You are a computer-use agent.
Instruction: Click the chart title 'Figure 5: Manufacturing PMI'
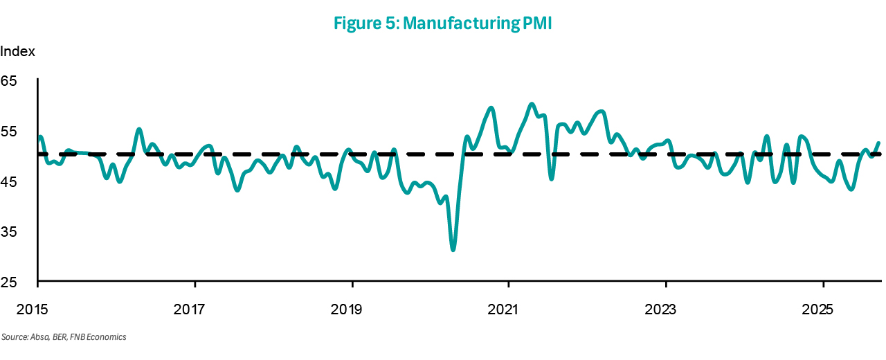click(443, 22)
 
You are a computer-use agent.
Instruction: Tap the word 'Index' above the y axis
click(17, 52)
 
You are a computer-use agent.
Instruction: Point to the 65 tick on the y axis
click(8, 81)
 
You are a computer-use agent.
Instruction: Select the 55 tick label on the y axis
click(8, 132)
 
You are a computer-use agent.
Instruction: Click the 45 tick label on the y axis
click(8, 182)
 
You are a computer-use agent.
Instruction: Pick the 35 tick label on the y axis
click(8, 232)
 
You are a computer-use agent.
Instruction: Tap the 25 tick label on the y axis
click(8, 282)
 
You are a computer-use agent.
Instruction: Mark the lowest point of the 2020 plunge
click(453, 250)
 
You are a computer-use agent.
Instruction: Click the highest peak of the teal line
click(532, 105)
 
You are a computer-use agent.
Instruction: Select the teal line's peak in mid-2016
click(139, 129)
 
